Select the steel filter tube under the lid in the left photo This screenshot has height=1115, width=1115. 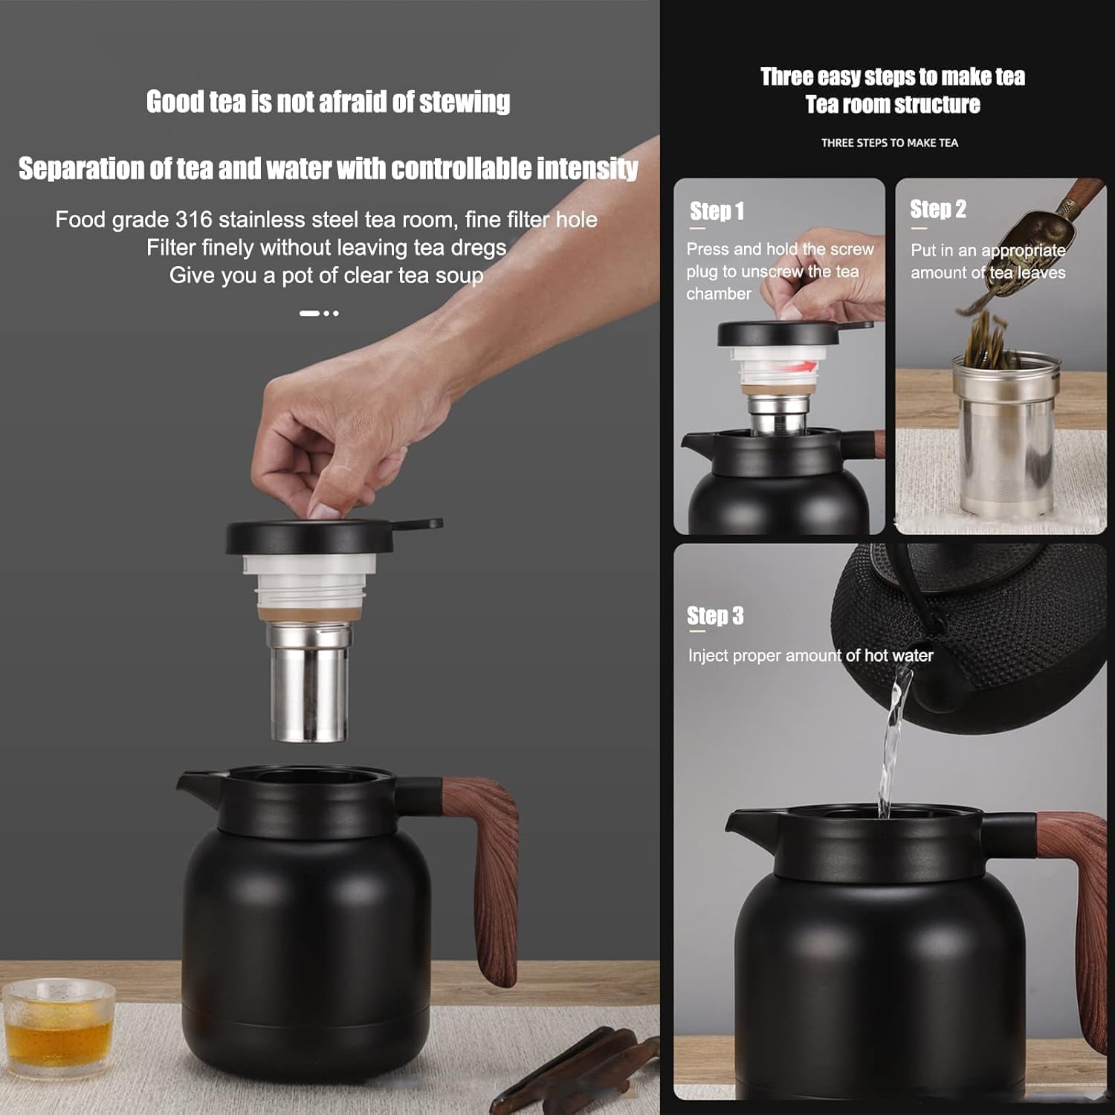click(308, 688)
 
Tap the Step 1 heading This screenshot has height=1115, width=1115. click(717, 211)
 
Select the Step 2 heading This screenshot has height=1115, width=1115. click(938, 210)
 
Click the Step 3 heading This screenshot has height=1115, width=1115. click(714, 616)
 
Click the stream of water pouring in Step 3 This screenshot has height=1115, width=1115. click(890, 743)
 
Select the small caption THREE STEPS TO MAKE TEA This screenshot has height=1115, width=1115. click(890, 143)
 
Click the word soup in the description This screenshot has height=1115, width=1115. click(459, 276)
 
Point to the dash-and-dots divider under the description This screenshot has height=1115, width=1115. click(319, 314)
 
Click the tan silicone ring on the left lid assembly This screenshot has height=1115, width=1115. click(310, 615)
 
